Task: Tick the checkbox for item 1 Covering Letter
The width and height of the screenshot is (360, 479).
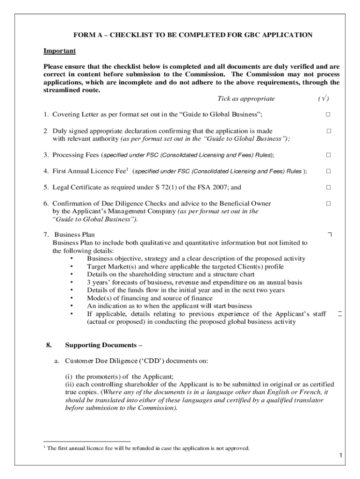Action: click(328, 115)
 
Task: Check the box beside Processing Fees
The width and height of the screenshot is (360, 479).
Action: click(328, 155)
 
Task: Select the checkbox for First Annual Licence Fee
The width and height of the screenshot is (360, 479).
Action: click(328, 171)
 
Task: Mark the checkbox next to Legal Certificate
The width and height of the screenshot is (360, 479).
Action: click(328, 188)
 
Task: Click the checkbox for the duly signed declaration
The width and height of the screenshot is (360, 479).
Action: click(328, 131)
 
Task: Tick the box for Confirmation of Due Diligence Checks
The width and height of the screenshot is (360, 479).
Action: click(328, 203)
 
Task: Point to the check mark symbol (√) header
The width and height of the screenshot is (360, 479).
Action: click(323, 99)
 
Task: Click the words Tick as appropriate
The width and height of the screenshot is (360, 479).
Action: click(246, 99)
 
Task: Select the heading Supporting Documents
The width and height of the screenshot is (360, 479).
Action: click(103, 345)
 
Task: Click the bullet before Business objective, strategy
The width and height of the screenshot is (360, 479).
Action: click(71, 259)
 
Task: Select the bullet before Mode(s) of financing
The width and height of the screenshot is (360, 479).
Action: click(71, 298)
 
